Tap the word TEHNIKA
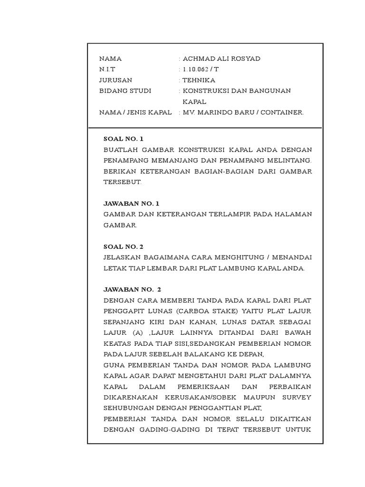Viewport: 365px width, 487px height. [199, 80]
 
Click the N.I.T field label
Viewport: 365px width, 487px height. [107, 69]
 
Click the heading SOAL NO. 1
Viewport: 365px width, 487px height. [124, 139]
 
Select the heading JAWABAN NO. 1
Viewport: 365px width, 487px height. [132, 204]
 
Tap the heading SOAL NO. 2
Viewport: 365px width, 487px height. [124, 247]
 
